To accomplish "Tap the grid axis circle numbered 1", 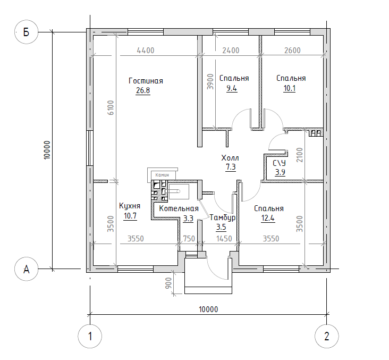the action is tap(90, 336).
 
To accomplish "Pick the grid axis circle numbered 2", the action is tap(326, 336).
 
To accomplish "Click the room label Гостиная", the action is tap(146, 81).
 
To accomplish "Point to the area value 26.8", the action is tap(143, 90).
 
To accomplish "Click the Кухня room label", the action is tap(130, 206).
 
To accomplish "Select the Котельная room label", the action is tap(179, 209).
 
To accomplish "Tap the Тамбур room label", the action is tap(223, 218).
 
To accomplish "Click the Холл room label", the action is tap(230, 158).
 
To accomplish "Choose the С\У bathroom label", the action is tap(280, 163).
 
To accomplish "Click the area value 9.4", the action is tap(231, 88).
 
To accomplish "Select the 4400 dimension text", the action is tap(146, 51).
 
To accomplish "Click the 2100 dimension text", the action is tap(299, 155).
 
